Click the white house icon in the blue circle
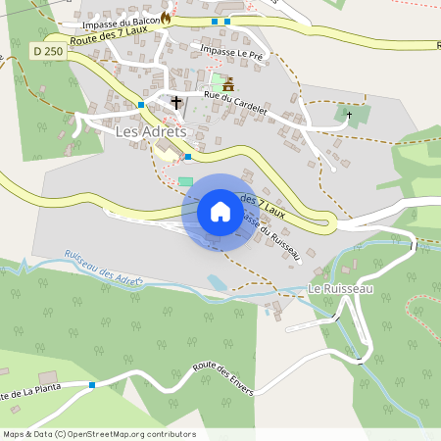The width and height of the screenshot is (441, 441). click(x=220, y=212)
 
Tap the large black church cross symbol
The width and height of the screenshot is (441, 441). click(x=176, y=101)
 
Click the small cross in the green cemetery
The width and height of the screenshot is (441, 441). click(x=350, y=115)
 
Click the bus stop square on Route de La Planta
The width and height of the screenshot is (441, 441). click(x=92, y=385)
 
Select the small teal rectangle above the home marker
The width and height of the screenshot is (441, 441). click(x=186, y=181)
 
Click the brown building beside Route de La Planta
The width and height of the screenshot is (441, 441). click(x=48, y=377)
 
